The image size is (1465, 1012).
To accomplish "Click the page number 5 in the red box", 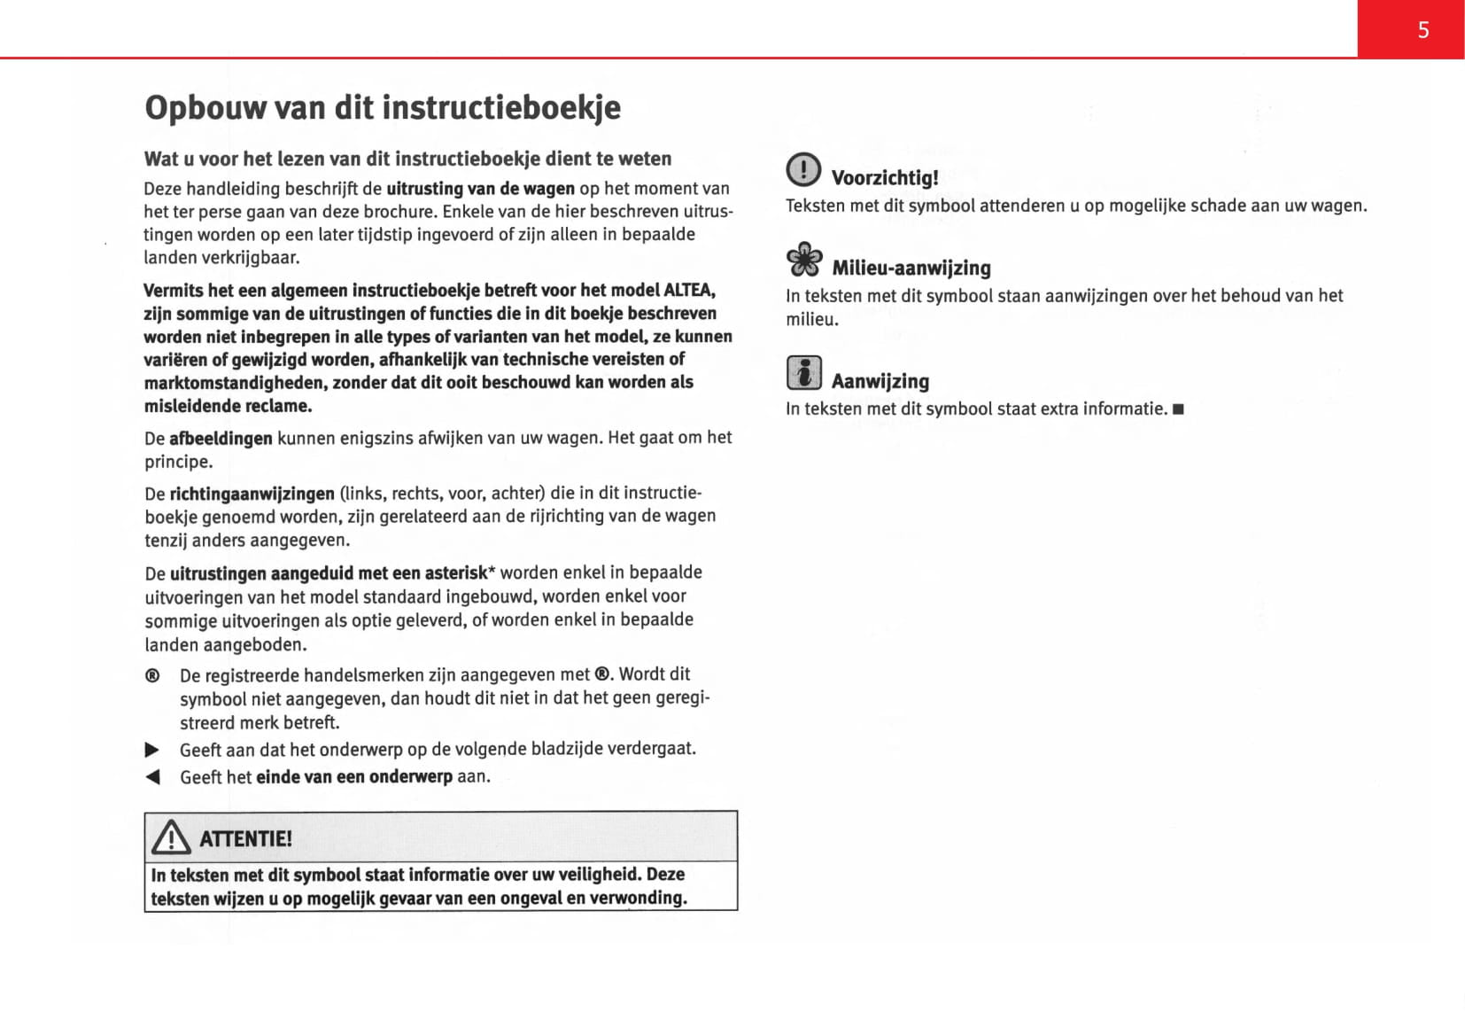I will pyautogui.click(x=1422, y=30).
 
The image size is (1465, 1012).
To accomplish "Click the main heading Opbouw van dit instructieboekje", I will pyautogui.click(x=382, y=107).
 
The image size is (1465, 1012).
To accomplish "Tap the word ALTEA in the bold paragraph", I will pyautogui.click(x=688, y=291).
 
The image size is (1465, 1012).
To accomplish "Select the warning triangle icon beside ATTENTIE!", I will pyautogui.click(x=170, y=837).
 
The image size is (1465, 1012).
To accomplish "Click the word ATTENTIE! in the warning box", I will pyautogui.click(x=245, y=838).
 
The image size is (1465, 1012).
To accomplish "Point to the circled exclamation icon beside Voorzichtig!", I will pyautogui.click(x=803, y=169).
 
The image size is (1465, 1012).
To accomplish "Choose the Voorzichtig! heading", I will pyautogui.click(x=884, y=177).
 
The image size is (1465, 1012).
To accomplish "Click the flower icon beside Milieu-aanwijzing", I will pyautogui.click(x=804, y=260).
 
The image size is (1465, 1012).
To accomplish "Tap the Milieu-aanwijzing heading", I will pyautogui.click(x=911, y=268).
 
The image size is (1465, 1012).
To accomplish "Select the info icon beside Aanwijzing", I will pyautogui.click(x=804, y=372).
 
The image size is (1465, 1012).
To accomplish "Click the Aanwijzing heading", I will pyautogui.click(x=880, y=381).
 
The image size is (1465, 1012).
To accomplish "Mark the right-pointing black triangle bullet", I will pyautogui.click(x=152, y=750).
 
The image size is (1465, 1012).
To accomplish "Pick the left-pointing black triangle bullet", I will pyautogui.click(x=152, y=777).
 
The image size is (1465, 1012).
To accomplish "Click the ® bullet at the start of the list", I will pyautogui.click(x=152, y=676).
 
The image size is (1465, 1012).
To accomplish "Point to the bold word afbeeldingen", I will pyautogui.click(x=221, y=439).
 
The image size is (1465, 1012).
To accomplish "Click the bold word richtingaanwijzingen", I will pyautogui.click(x=252, y=494).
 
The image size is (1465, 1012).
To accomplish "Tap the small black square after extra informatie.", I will pyautogui.click(x=1178, y=409).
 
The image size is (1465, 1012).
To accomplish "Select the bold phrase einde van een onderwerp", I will pyautogui.click(x=354, y=777).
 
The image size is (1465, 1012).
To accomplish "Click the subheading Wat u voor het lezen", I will pyautogui.click(x=407, y=159).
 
